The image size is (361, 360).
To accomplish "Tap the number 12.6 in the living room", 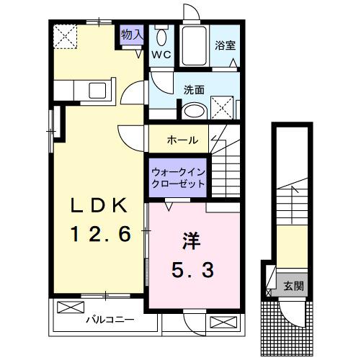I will [100, 234].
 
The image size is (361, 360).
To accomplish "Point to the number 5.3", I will [191, 272].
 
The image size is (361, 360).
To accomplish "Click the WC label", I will [160, 54].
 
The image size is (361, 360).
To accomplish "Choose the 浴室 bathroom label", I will [225, 45].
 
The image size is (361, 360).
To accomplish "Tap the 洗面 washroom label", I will [194, 90].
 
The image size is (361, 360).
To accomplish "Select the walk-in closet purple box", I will [178, 176].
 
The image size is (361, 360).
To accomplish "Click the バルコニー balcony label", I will [110, 319].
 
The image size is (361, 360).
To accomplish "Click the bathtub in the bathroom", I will [193, 46].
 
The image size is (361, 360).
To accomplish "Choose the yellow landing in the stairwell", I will [291, 245].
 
